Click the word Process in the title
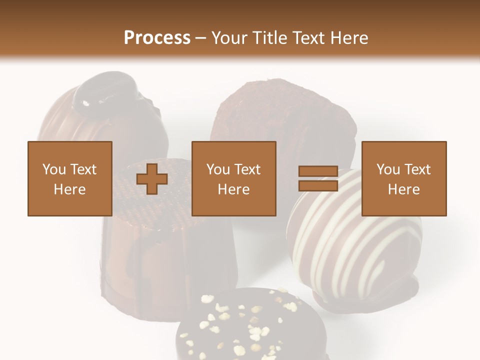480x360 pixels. click(x=157, y=38)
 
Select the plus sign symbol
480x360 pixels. click(x=152, y=179)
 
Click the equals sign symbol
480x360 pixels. click(x=318, y=178)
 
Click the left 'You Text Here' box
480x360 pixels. click(x=70, y=178)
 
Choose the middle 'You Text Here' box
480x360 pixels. click(x=234, y=178)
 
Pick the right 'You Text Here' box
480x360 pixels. click(x=404, y=178)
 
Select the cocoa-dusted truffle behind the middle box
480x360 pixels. click(x=280, y=115)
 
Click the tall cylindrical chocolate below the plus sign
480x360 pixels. click(x=165, y=260)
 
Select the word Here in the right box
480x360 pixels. click(x=404, y=189)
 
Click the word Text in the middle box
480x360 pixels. click(x=247, y=169)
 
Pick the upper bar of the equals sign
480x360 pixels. click(x=318, y=171)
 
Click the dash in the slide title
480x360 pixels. click(x=200, y=38)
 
